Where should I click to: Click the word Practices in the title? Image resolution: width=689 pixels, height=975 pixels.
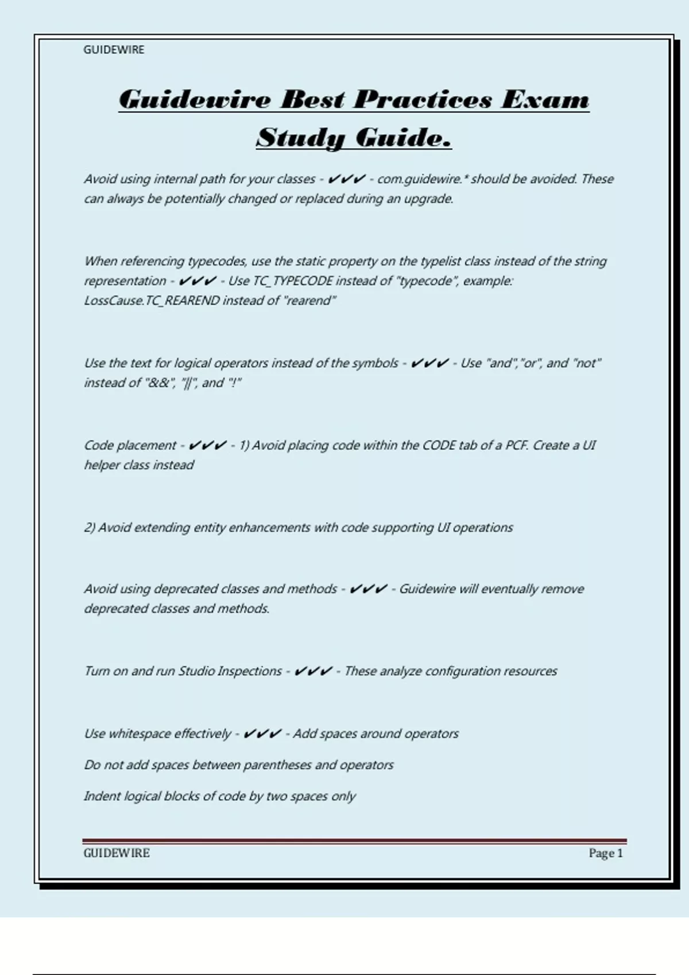click(x=422, y=99)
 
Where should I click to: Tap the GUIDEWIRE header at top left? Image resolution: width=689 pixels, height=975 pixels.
click(x=114, y=50)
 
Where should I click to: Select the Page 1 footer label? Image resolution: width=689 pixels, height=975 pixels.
click(x=605, y=853)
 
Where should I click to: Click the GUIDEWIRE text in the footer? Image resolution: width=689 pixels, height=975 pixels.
click(x=117, y=853)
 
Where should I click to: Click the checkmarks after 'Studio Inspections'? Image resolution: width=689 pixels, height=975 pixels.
click(x=313, y=671)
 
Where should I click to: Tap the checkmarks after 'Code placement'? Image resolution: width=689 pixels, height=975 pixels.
click(x=207, y=446)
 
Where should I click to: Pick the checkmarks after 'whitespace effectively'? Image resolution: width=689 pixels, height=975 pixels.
click(x=262, y=734)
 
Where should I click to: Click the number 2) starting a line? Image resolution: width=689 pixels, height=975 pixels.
click(x=90, y=528)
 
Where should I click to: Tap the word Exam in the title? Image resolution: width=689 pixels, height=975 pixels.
click(x=545, y=99)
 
